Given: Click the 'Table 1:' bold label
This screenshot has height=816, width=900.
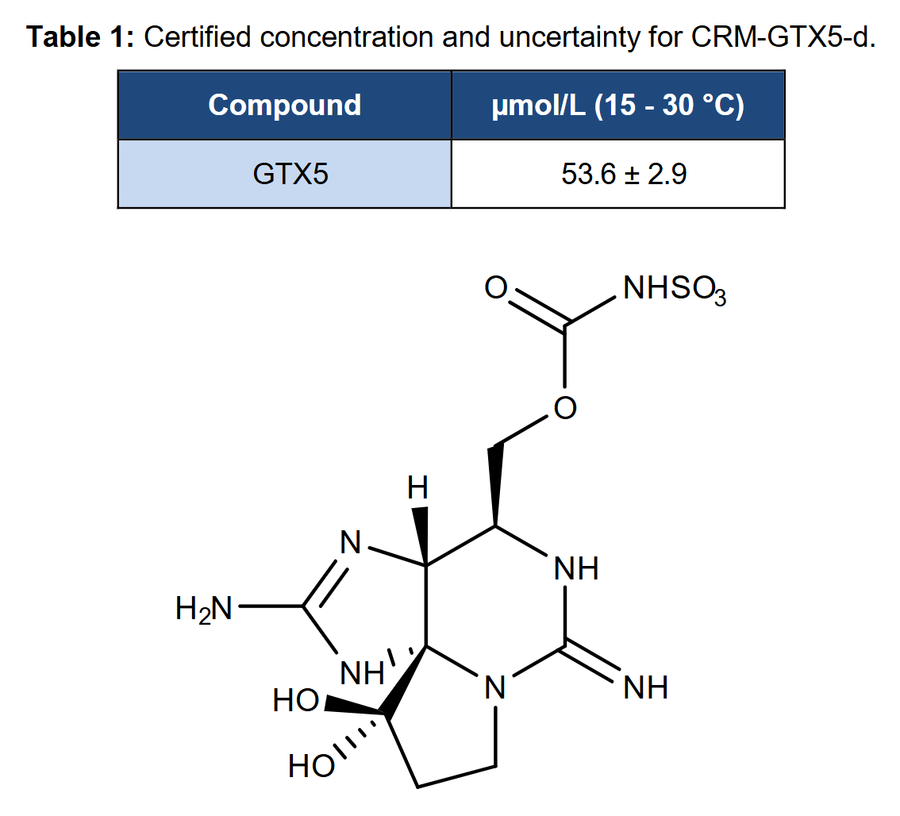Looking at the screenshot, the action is (x=79, y=37).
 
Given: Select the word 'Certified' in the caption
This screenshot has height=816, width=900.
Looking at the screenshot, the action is (x=197, y=37).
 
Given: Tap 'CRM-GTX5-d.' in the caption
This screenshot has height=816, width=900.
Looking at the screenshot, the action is (x=783, y=37).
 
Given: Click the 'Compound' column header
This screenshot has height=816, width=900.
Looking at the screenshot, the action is (x=285, y=105).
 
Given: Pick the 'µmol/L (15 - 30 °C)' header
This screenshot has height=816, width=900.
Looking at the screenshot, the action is (x=618, y=106).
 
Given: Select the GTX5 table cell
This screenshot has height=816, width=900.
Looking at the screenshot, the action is (x=290, y=173).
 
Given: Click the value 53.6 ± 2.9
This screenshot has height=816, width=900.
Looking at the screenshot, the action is (x=624, y=173).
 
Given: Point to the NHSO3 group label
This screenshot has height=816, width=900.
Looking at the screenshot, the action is (x=675, y=290).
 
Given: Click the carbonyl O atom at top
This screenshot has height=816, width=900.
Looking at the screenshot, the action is (x=496, y=287).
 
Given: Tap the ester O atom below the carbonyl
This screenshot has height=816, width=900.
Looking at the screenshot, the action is (x=565, y=408).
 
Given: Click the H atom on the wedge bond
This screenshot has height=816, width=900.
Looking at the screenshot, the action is (x=417, y=488).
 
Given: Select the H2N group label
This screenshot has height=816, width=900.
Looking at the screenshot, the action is (x=204, y=609).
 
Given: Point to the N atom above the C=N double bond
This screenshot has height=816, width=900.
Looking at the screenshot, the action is (x=351, y=541).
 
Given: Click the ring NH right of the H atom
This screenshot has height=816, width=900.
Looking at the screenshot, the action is (x=575, y=568).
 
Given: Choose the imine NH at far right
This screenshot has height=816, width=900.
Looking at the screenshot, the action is (x=646, y=687).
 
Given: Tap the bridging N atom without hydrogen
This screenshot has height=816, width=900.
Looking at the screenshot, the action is (x=495, y=687).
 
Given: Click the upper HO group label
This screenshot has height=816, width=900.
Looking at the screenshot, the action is (x=295, y=701).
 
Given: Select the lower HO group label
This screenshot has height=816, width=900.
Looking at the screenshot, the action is (x=311, y=766).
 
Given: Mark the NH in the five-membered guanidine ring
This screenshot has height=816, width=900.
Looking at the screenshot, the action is (x=362, y=673).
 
